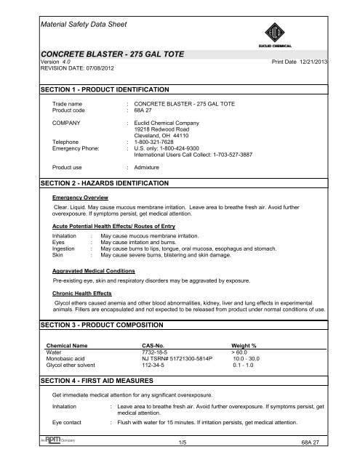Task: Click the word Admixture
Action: pyautogui.click(x=149, y=166)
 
